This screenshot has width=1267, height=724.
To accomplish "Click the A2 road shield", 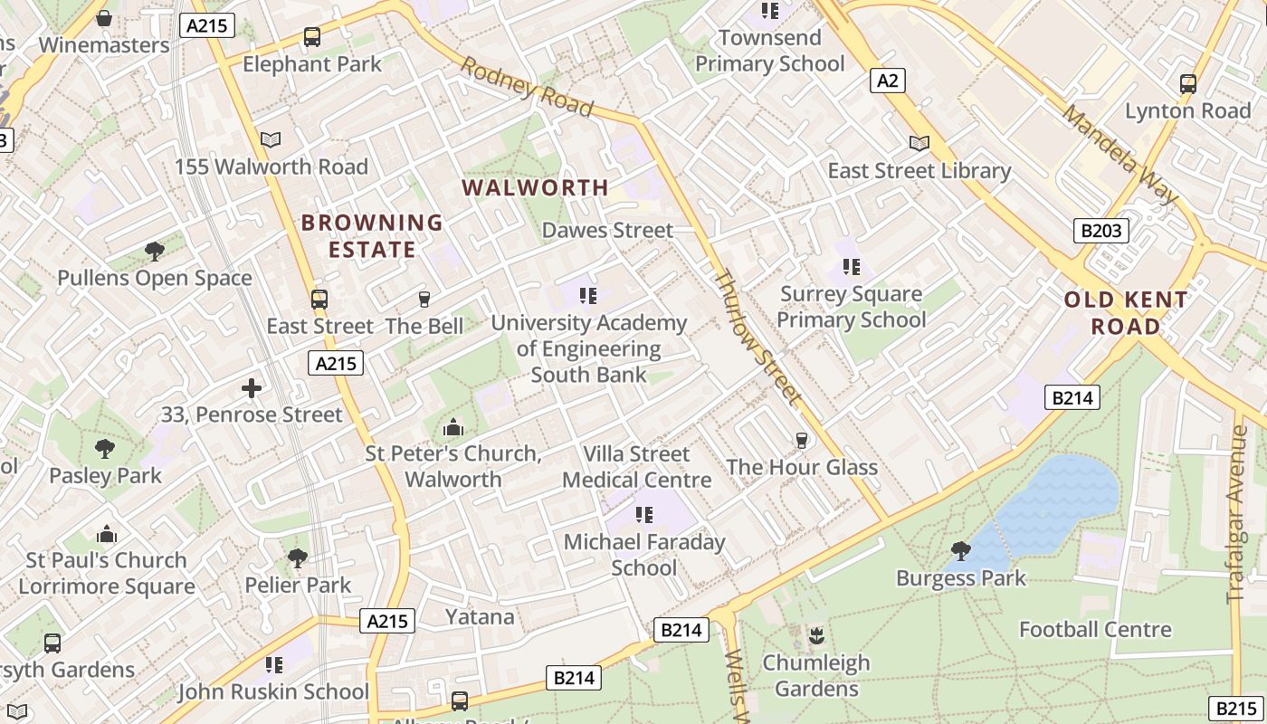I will coord(888,81).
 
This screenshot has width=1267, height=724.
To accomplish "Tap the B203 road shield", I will coord(1101,231).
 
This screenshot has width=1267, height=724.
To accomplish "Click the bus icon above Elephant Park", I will coord(312,37).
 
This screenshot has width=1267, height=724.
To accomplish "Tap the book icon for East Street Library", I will coord(919,144).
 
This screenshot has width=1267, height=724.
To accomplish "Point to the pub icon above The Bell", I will coord(424,300).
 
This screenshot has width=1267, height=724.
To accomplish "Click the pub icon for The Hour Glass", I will coord(801,441).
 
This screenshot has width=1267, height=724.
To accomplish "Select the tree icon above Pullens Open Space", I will coord(155,251).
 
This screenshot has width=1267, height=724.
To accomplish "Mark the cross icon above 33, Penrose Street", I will coord(252,388).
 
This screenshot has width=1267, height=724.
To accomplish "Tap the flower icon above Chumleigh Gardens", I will coord(816,635).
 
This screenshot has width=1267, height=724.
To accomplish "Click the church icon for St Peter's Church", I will coord(453,427).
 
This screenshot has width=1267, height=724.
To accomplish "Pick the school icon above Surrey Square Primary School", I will coord(851,267).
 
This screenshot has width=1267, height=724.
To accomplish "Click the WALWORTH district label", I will coord(536,187).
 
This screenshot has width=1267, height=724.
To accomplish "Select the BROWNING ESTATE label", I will coord(372,235).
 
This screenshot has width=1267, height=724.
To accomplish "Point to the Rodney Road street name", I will coord(527,88).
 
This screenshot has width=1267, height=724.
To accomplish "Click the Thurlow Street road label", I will coord(758,337).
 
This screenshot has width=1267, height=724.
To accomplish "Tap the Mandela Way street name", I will coord(1120,155).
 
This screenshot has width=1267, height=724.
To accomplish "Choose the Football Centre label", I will coord(1095,629).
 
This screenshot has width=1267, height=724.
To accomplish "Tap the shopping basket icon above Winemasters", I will coord(104,18).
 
